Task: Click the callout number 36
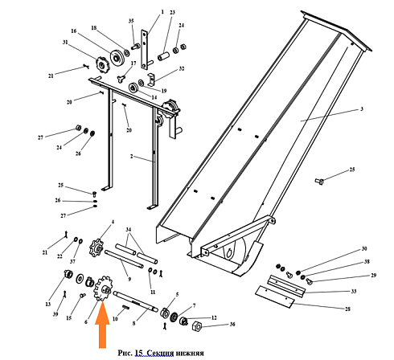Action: click(232, 325)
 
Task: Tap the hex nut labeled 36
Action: click(197, 325)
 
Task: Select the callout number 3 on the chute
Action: click(362, 109)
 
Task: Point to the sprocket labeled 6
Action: click(104, 289)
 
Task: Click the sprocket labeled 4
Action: click(96, 248)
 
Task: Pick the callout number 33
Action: click(354, 291)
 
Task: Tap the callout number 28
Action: click(347, 309)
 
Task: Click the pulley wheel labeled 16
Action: click(117, 57)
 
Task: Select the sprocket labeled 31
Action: click(101, 63)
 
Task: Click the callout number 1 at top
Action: click(162, 12)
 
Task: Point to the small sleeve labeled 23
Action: click(163, 56)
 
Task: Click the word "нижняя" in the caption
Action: click(191, 353)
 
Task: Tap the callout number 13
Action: click(48, 305)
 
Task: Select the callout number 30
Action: click(364, 249)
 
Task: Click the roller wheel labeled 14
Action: click(133, 88)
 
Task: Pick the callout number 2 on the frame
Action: click(131, 156)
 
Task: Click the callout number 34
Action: click(129, 230)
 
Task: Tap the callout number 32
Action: click(182, 68)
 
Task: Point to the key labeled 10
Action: click(125, 307)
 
